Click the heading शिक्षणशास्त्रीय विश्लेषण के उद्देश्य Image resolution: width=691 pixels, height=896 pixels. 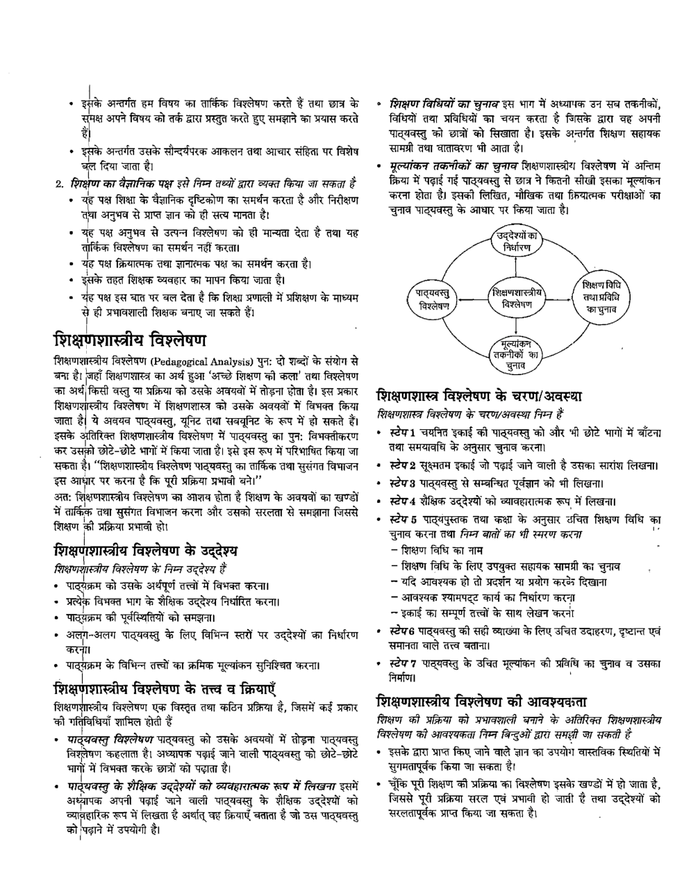pyautogui.click(x=146, y=551)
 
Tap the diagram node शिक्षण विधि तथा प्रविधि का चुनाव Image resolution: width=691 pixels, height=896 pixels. pyautogui.click(x=598, y=297)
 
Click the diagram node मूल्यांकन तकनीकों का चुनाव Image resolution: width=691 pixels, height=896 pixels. pyautogui.click(x=515, y=352)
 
